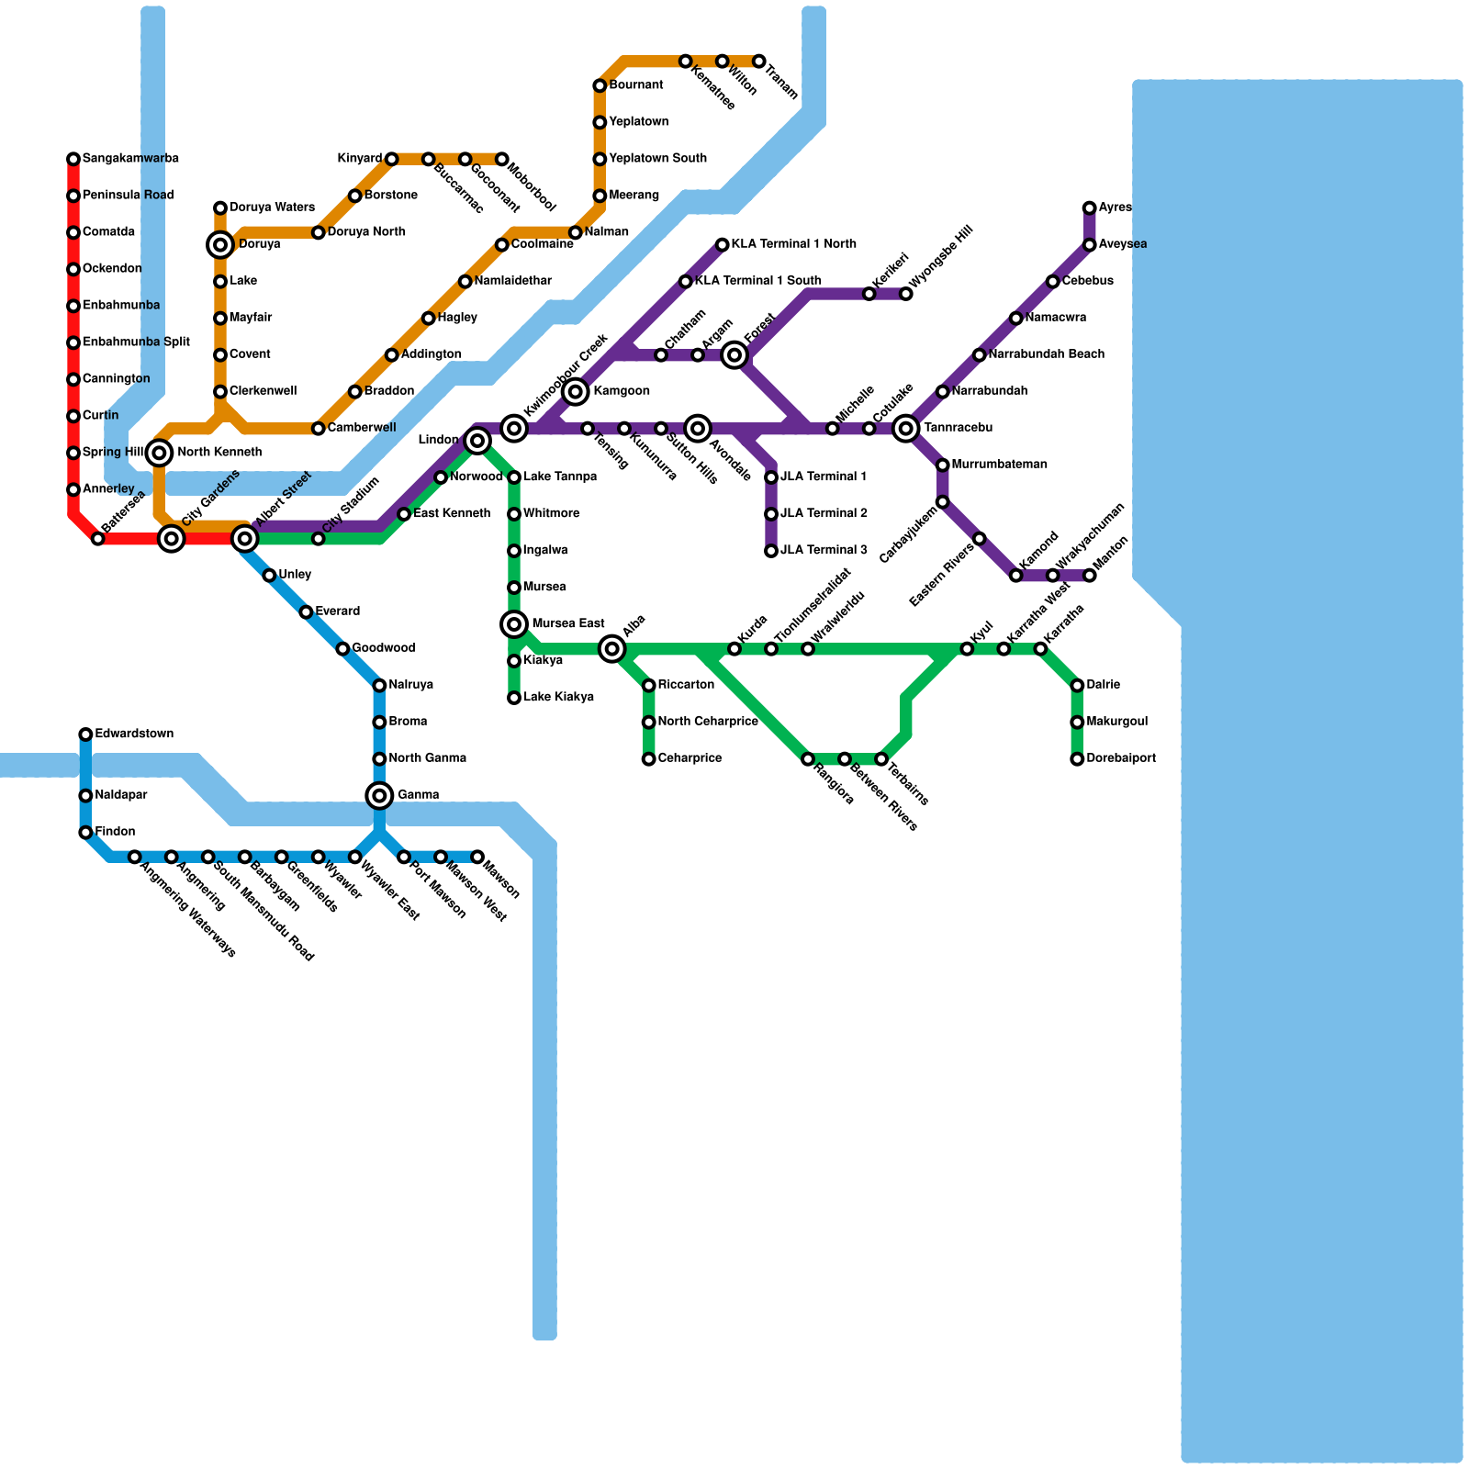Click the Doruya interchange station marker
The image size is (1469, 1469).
pyautogui.click(x=220, y=244)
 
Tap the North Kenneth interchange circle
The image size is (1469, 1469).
pyautogui.click(x=159, y=453)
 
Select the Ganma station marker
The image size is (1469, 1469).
pyautogui.click(x=379, y=795)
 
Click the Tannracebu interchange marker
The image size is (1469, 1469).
pyautogui.click(x=906, y=428)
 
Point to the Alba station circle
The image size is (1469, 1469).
pyautogui.click(x=612, y=649)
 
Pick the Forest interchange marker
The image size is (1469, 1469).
pyautogui.click(x=734, y=354)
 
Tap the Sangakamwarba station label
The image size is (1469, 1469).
pyautogui.click(x=130, y=159)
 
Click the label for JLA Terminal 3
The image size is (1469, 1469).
pyautogui.click(x=824, y=551)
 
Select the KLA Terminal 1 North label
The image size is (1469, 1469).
pyautogui.click(x=794, y=244)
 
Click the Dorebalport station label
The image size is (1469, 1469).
pyautogui.click(x=1120, y=758)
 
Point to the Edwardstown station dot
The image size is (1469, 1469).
pyautogui.click(x=85, y=734)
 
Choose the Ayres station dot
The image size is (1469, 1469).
pyautogui.click(x=1089, y=208)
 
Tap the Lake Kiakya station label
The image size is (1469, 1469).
pyautogui.click(x=558, y=697)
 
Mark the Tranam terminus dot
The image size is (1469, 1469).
pyautogui.click(x=759, y=62)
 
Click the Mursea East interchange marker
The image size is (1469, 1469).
pyautogui.click(x=514, y=624)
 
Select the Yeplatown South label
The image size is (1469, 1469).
pyautogui.click(x=657, y=159)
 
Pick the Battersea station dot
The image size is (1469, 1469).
pyautogui.click(x=98, y=539)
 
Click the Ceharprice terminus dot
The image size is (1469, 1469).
pyautogui.click(x=649, y=759)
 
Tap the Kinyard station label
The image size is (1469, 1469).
pyautogui.click(x=359, y=159)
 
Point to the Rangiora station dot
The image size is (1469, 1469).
pyautogui.click(x=808, y=759)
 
